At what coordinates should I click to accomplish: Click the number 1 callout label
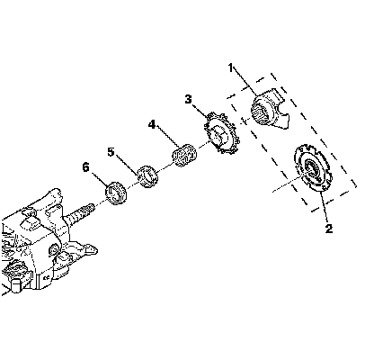click(x=230, y=68)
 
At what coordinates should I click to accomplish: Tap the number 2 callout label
click(x=329, y=229)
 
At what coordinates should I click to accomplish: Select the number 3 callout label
click(x=188, y=99)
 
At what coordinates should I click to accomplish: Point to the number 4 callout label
click(x=152, y=124)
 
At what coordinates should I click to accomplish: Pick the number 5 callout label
click(x=111, y=152)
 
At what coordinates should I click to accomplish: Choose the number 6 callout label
click(x=85, y=167)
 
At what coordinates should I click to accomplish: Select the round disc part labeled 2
click(x=313, y=168)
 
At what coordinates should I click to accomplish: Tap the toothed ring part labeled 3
click(x=222, y=134)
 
